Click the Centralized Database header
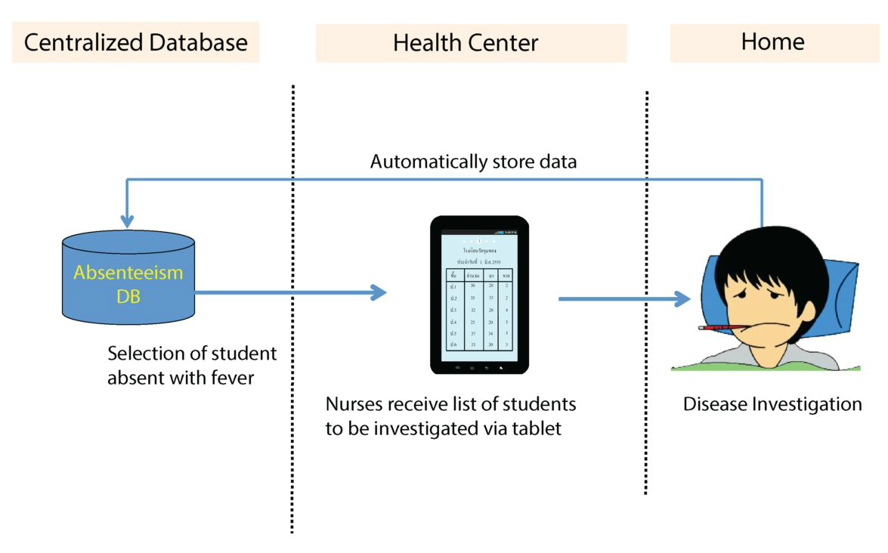tap(135, 42)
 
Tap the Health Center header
tap(470, 43)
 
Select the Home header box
tap(772, 42)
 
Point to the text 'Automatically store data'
tap(473, 162)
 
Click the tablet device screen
tap(479, 295)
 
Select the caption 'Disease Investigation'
tap(772, 404)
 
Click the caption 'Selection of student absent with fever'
tap(192, 365)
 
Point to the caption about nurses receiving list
tap(450, 416)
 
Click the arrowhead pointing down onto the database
tap(127, 221)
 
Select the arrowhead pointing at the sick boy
tap(682, 299)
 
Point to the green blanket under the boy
tap(763, 367)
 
